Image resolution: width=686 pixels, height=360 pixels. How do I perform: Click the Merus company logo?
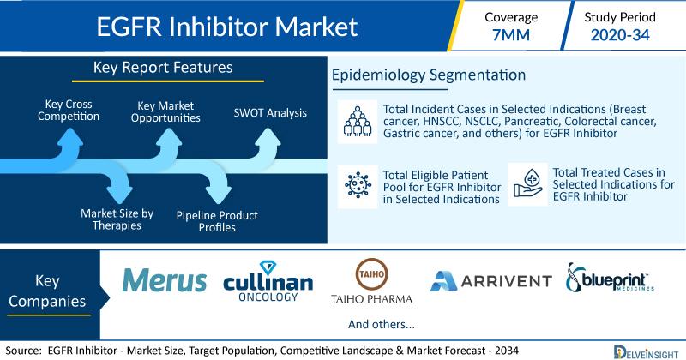tap(165, 280)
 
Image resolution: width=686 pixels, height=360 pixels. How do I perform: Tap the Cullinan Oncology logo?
tap(268, 281)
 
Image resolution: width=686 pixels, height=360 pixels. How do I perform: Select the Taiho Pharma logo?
tap(371, 281)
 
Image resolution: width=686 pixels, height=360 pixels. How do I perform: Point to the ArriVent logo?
tap(490, 281)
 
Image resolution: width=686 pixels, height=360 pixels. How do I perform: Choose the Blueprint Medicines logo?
tap(610, 278)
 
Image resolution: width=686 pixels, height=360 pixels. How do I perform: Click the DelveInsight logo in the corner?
tap(646, 352)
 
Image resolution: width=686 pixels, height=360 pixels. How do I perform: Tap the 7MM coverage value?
tap(511, 35)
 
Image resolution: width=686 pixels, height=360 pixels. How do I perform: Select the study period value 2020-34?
tap(620, 35)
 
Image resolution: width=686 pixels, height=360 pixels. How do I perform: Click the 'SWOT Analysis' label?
tap(270, 113)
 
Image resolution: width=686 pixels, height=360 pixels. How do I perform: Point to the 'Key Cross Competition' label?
tap(69, 111)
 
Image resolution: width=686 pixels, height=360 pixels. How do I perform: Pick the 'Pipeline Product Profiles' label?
tap(217, 221)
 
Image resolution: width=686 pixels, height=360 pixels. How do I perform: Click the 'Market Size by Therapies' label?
tap(117, 219)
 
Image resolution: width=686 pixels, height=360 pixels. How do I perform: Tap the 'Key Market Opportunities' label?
tap(165, 111)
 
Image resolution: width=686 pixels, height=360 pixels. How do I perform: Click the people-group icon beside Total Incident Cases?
tap(358, 122)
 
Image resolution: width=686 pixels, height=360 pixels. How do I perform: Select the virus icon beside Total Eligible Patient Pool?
tap(358, 185)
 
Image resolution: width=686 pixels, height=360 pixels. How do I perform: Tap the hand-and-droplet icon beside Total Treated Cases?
tap(527, 184)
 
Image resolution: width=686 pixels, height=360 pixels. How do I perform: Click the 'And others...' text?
tap(382, 324)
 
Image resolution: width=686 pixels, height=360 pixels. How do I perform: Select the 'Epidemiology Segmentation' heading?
tap(429, 75)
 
